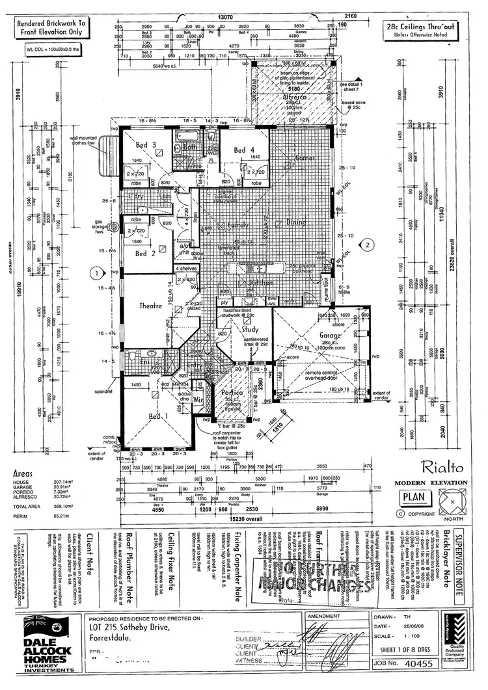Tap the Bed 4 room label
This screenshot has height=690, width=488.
244,150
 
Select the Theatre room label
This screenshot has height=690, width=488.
149,306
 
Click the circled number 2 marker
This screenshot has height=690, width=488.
368,245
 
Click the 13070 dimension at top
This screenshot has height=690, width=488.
225,18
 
